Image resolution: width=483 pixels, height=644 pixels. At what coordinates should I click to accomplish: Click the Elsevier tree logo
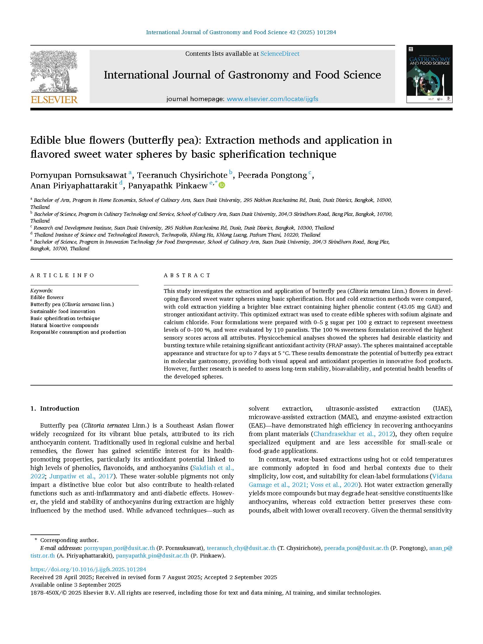coord(54,71)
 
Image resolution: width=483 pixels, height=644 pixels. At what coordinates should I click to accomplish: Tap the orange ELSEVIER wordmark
coord(54,100)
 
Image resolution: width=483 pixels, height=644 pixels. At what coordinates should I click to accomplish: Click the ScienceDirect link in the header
coord(280,54)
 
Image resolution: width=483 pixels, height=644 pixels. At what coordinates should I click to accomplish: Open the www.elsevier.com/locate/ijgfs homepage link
coord(272,99)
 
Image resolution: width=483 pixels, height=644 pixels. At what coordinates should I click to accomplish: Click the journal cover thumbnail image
coord(429,74)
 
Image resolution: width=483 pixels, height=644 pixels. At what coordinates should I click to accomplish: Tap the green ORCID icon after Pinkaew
coord(222,185)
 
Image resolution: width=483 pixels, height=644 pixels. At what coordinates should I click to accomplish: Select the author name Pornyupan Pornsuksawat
coord(78,175)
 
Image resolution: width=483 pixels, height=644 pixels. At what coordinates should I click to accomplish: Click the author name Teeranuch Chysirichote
coord(182,175)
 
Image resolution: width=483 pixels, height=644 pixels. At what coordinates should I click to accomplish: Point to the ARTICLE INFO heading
coord(62,275)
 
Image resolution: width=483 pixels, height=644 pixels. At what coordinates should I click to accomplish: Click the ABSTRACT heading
coord(187,275)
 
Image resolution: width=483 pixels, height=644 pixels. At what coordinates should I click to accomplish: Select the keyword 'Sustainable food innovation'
coord(63,311)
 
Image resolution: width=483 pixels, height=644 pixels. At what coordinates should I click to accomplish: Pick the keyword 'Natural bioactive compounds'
coord(64,325)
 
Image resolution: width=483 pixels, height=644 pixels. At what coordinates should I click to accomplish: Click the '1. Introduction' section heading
coord(55,409)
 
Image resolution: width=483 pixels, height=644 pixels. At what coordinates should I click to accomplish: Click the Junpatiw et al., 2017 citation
coord(81,476)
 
